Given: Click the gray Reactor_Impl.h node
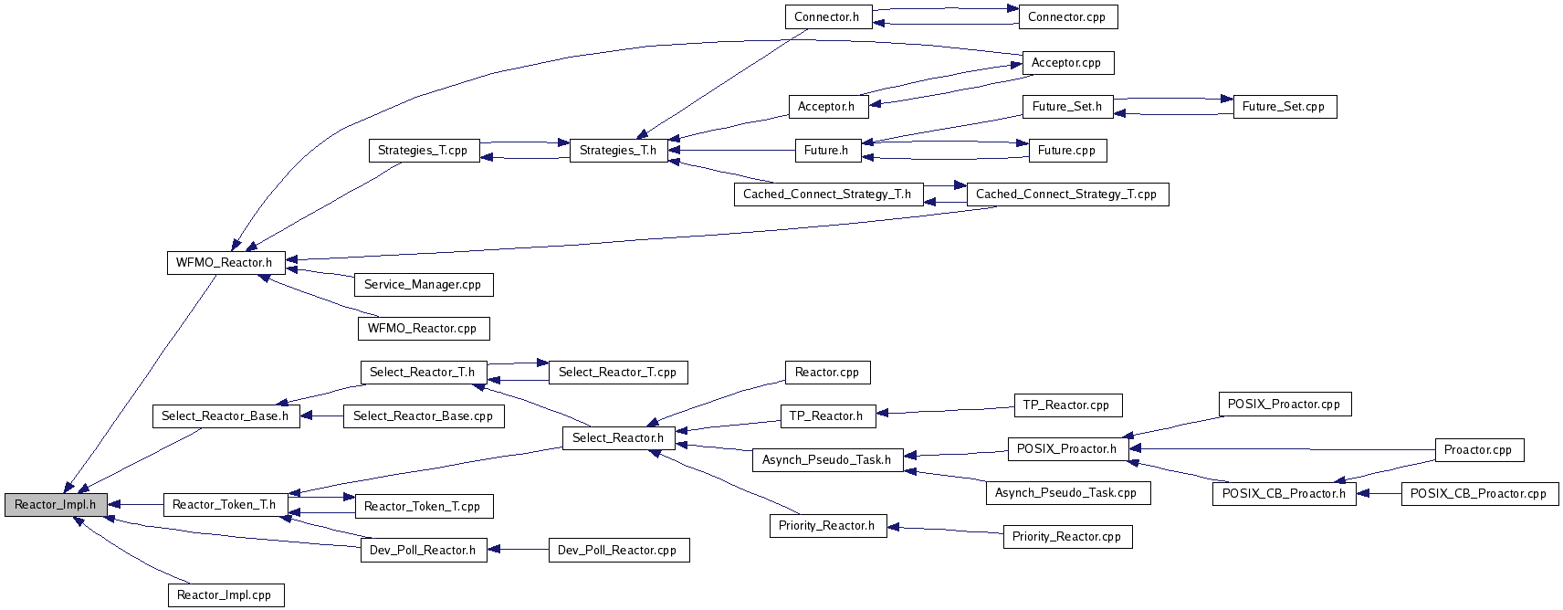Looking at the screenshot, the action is (x=56, y=505).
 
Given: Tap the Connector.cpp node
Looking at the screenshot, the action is (x=1067, y=17).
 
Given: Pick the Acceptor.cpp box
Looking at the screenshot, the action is (x=1067, y=63).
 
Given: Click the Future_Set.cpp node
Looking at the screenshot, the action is (x=1285, y=107).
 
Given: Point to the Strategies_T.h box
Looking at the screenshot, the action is (x=618, y=151).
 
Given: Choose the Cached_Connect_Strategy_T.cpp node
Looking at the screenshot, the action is (x=1067, y=194).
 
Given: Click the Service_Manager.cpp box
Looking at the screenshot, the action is (x=424, y=285).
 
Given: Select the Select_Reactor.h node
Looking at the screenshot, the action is (x=618, y=438).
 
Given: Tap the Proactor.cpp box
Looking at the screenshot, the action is (x=1479, y=450).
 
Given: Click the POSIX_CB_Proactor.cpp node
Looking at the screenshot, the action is (x=1480, y=494).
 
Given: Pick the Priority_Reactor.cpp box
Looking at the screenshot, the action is (x=1067, y=537).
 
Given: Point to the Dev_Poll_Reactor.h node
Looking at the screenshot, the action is (x=424, y=550).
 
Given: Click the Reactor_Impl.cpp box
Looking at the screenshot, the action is (x=226, y=595).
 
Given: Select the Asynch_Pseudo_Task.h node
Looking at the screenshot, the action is (x=827, y=460).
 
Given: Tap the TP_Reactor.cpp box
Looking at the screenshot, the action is (x=1067, y=405).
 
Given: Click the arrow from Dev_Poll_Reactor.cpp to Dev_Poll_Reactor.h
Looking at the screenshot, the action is (x=518, y=550).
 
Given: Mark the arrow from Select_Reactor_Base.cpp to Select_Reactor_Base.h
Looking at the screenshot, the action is (x=321, y=416).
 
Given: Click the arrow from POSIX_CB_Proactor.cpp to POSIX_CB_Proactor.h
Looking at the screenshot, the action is (x=1379, y=494).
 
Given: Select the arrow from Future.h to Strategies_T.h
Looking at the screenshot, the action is (x=731, y=150).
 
